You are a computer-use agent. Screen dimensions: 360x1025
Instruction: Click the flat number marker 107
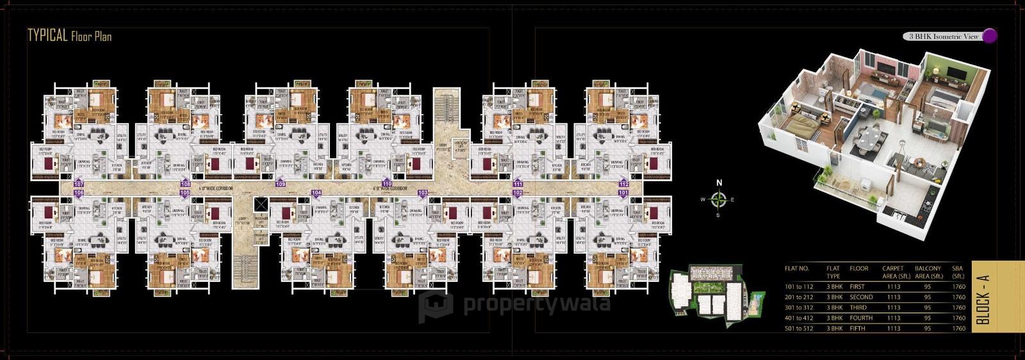coord(79,183)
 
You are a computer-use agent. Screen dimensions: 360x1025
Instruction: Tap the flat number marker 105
coord(184,192)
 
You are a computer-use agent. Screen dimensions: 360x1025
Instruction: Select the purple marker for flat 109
coord(281,184)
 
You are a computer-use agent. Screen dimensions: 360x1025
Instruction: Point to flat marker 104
coord(316,192)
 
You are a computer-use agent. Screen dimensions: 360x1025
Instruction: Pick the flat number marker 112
coord(623,184)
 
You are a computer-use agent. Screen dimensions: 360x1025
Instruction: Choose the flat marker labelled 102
coord(518,192)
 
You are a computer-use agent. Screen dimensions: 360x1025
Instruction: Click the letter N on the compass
coord(719,183)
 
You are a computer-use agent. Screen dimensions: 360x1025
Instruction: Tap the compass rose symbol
coord(719,199)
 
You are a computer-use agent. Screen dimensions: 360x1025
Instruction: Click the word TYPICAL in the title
coord(48,35)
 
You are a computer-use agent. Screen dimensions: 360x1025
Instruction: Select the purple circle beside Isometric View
coord(989,36)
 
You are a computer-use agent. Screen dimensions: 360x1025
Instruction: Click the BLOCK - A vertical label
coord(985,299)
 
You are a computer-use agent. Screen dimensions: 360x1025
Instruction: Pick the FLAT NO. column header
coord(797,268)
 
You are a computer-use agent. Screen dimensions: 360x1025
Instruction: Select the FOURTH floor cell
coord(861,318)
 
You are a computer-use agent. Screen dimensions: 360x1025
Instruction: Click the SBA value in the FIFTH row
coord(958,328)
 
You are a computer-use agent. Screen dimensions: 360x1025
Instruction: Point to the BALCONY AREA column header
coord(928,272)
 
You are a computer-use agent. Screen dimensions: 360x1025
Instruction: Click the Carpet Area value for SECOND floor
coord(892,297)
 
